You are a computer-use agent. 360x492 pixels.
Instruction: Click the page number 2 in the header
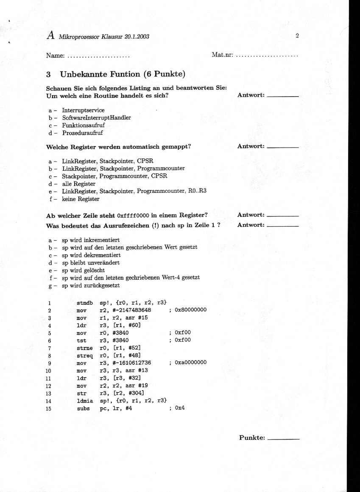[297, 36]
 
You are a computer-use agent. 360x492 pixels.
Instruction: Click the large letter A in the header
[50, 36]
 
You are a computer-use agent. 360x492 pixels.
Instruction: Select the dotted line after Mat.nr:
[267, 56]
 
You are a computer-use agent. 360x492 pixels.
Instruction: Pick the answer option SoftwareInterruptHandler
[96, 117]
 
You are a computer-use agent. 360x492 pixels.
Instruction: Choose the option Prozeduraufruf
[82, 133]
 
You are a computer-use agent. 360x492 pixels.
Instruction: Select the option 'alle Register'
[78, 184]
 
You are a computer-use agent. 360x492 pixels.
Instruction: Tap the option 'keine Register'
[81, 199]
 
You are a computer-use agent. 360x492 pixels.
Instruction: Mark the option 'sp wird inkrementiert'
[91, 240]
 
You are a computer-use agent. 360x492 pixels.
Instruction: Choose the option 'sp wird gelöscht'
[83, 270]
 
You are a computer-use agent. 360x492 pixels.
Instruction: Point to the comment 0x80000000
[190, 310]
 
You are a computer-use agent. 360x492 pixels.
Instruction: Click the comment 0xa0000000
[190, 363]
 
